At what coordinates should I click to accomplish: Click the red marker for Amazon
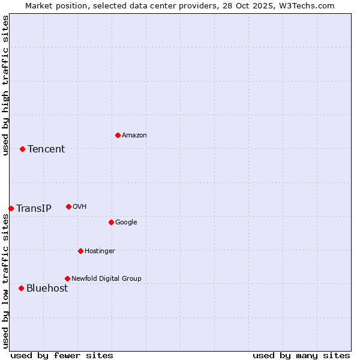pos(118,135)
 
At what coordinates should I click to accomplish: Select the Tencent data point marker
pos(22,149)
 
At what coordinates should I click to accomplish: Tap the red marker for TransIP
pos(11,208)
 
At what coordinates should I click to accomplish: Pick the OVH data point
pos(68,206)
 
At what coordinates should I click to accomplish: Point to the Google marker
pos(111,222)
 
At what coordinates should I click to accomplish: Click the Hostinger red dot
pos(80,251)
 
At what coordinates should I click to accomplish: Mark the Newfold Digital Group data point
pos(67,278)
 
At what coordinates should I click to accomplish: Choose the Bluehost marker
pos(21,288)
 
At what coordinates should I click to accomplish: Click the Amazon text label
pos(134,136)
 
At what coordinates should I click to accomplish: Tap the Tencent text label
pos(46,149)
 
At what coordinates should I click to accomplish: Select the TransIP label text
pos(34,209)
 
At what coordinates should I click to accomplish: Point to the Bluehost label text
pos(47,289)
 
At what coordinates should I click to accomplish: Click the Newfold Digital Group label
pos(106,278)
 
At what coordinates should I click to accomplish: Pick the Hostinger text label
pos(100,251)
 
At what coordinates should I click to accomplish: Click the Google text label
pos(126,223)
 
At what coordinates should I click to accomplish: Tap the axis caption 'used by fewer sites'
pos(62,355)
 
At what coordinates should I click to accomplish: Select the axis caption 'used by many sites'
pos(301,355)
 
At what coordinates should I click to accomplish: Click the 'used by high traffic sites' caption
pos(5,85)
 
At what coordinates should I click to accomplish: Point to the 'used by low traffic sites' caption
pos(5,281)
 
